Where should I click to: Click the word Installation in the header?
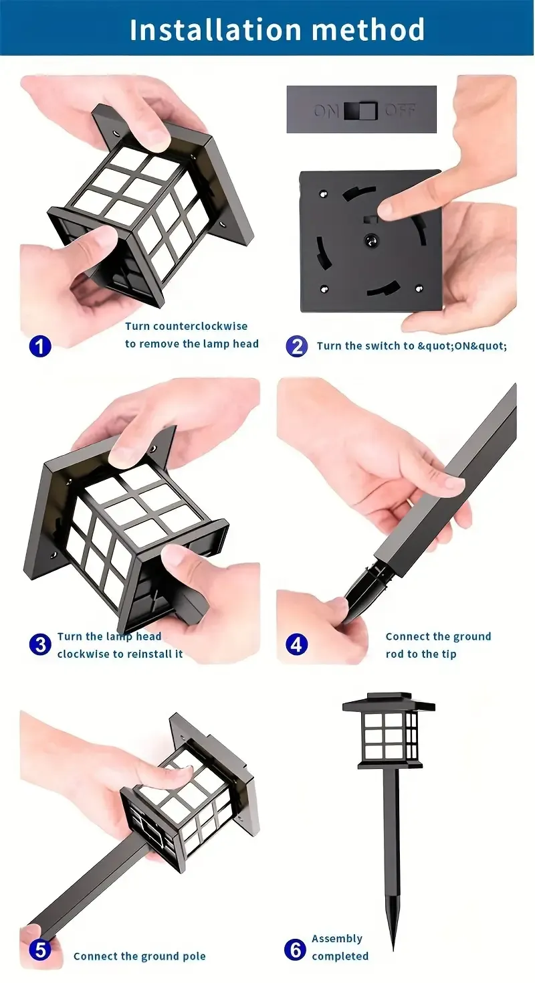215,29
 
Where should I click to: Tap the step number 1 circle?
40,346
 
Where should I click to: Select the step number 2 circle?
297,346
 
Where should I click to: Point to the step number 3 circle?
40,644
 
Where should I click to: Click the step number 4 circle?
297,644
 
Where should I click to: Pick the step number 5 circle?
40,950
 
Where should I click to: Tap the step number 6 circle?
295,950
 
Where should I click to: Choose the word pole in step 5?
193,956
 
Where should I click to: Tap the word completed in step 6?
340,956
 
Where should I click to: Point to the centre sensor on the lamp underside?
368,240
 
